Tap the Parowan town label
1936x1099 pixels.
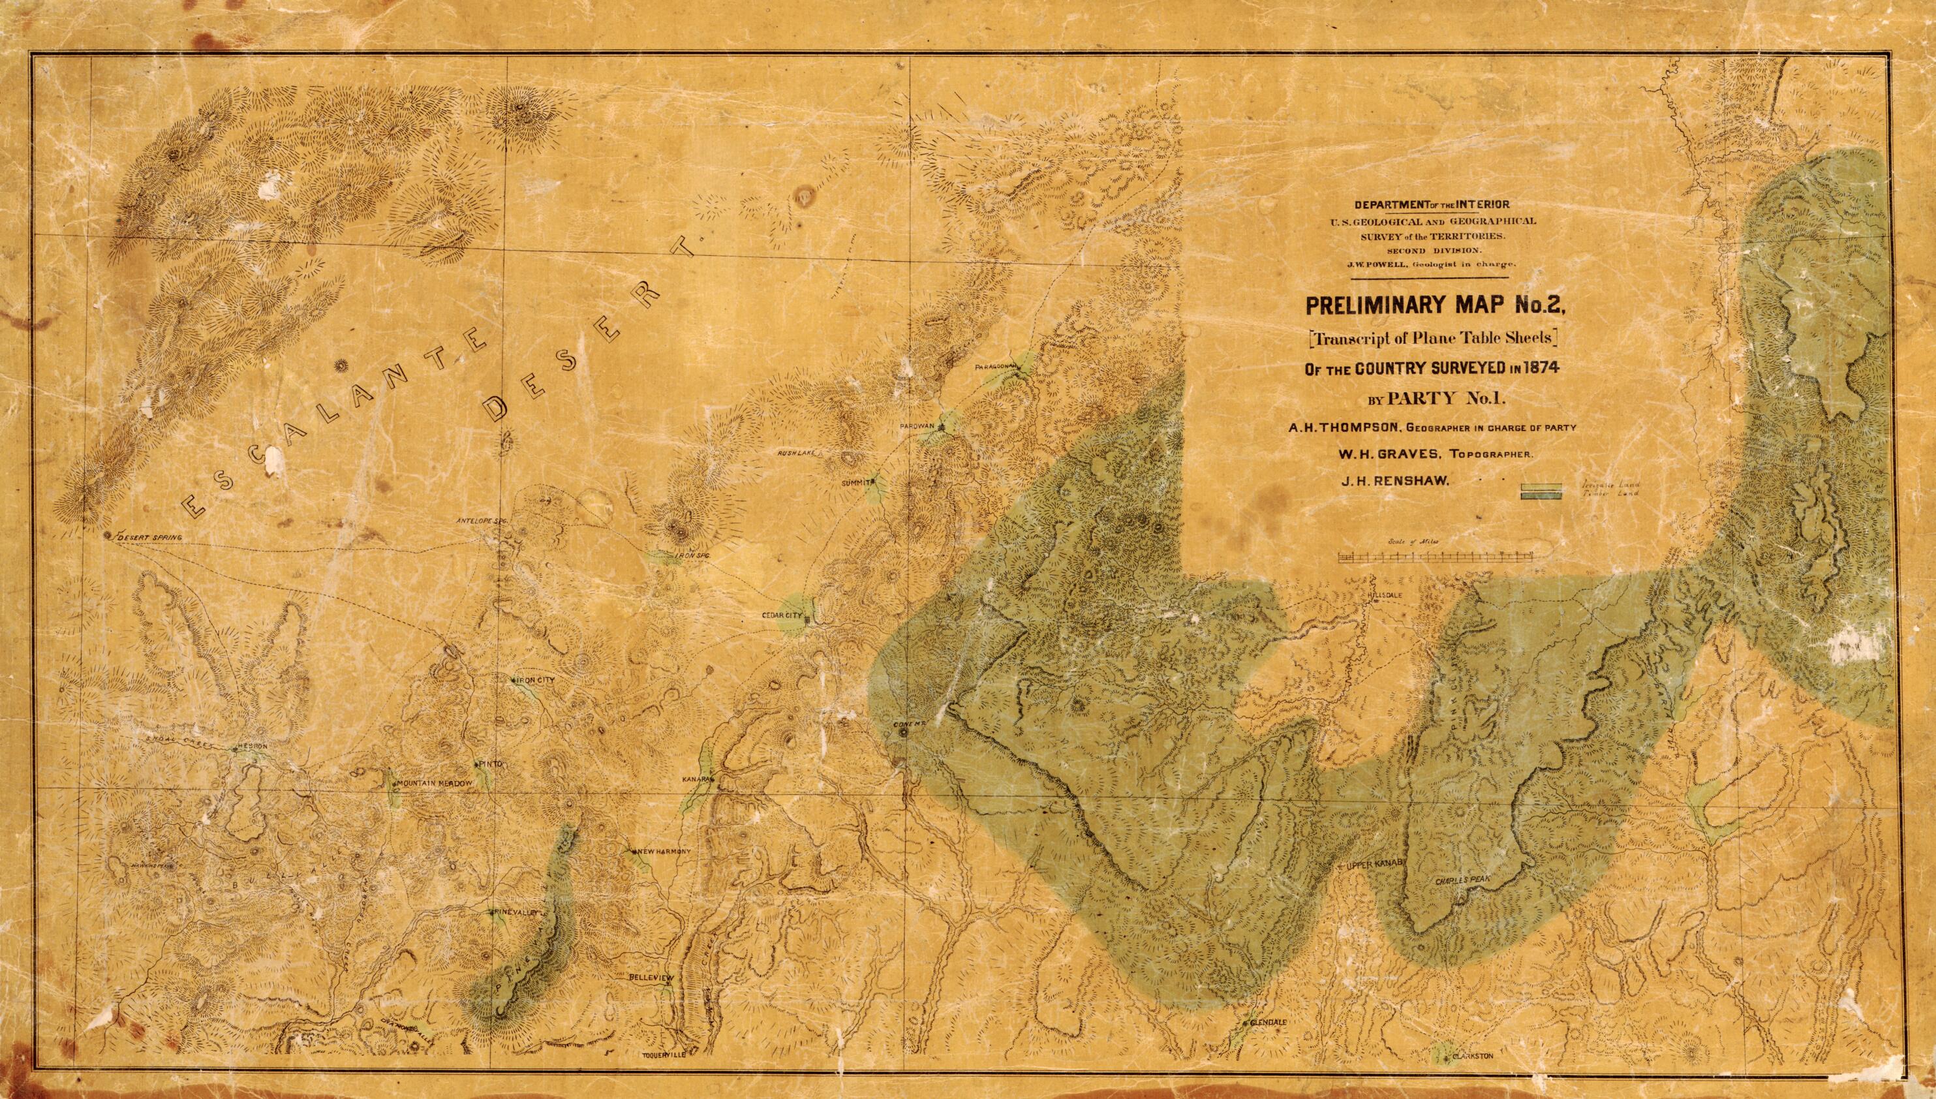click(917, 426)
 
